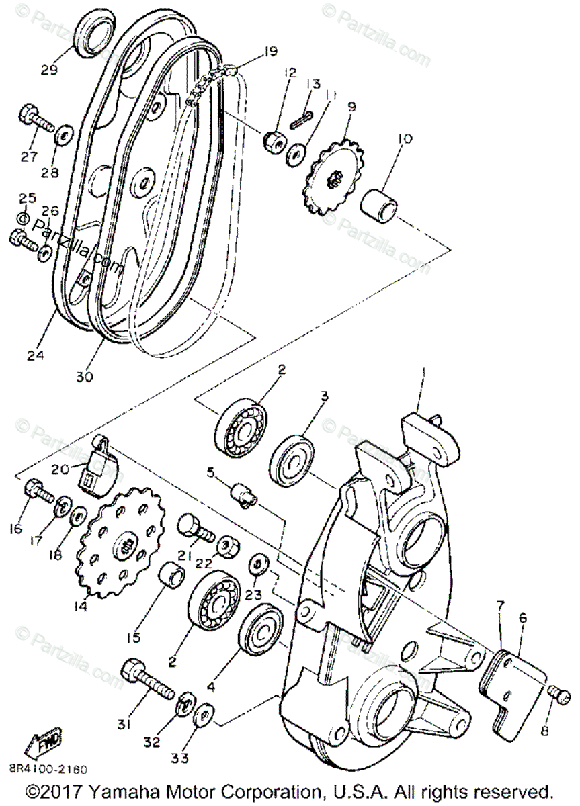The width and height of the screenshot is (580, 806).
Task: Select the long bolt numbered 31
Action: point(147,679)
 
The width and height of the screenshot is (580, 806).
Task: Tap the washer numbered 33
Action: point(204,715)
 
